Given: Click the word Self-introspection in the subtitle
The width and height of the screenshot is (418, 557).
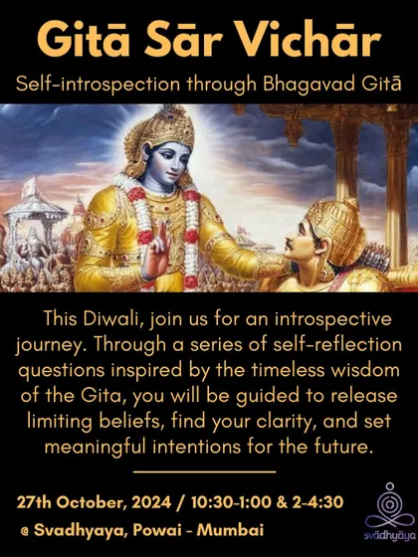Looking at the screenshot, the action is pyautogui.click(x=99, y=86).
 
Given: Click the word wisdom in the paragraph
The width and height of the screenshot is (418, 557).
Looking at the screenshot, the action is pyautogui.click(x=365, y=370).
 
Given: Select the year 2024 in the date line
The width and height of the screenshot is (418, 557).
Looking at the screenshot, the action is pyautogui.click(x=151, y=502).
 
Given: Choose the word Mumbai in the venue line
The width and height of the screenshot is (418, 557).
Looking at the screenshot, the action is pyautogui.click(x=230, y=530).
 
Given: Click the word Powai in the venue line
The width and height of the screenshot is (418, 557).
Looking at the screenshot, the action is pyautogui.click(x=156, y=530).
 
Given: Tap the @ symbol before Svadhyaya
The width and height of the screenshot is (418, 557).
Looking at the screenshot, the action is pyautogui.click(x=25, y=531).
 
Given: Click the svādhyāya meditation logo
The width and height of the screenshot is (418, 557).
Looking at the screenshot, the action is pyautogui.click(x=389, y=511).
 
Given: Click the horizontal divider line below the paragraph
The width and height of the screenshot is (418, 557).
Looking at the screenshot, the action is pyautogui.click(x=205, y=471).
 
